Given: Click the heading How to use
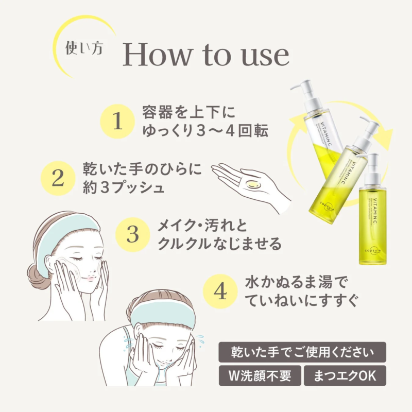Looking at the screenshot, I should (205, 56).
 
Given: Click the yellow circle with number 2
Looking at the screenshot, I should (58, 178).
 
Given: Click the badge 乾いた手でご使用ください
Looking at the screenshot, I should (302, 352).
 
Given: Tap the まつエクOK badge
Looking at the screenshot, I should (345, 376).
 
